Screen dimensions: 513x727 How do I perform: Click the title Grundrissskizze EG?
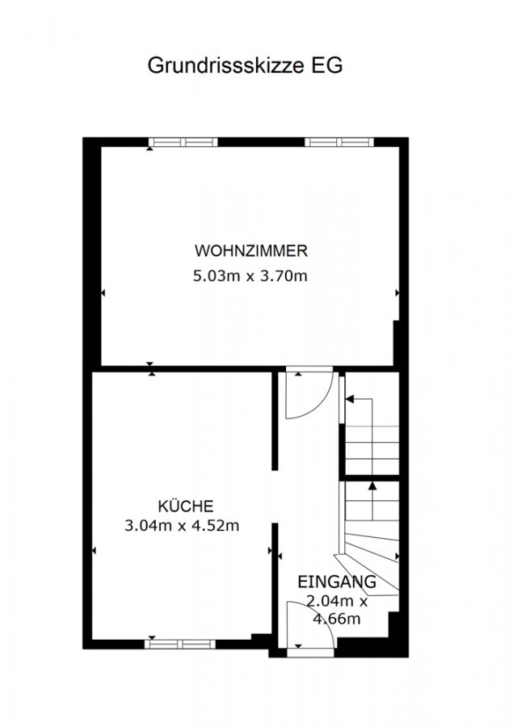[245, 66]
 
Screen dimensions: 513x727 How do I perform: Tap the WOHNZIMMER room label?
[251, 251]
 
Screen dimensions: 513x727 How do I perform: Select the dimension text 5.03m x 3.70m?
[250, 276]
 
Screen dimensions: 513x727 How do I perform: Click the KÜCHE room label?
[186, 506]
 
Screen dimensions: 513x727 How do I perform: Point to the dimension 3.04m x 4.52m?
[182, 526]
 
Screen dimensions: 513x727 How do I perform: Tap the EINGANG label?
[337, 582]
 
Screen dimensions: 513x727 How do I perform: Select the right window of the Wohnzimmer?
[339, 142]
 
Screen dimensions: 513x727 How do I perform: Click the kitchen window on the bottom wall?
[180, 644]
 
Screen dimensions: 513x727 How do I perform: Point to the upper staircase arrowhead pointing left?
[350, 399]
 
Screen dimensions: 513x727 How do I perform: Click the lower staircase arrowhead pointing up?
[372, 485]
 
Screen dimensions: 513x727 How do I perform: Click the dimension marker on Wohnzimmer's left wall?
[103, 293]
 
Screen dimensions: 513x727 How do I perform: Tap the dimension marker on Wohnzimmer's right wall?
[397, 293]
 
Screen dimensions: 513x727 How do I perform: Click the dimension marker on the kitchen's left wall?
[94, 551]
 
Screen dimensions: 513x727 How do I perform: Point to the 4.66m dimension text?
[337, 619]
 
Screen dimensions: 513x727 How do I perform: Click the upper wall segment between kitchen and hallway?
[275, 420]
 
